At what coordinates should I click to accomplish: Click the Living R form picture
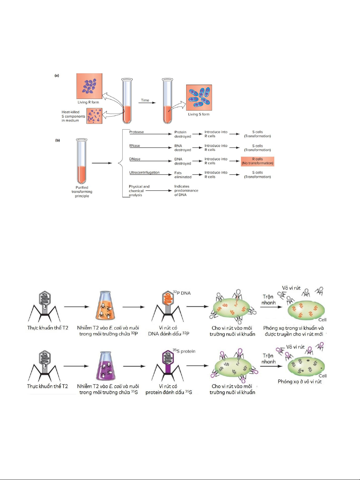coord(89,86)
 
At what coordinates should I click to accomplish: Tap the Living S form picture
coord(199,98)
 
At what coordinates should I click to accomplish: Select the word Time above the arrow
coord(145,100)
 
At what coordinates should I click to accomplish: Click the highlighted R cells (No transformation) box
coord(257,161)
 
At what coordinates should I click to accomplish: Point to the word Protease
coord(137,132)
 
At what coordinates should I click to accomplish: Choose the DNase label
coord(135,159)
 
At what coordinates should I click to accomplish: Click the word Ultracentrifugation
coord(145,173)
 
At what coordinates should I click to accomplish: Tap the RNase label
coord(135,146)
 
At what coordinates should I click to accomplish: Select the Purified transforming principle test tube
coord(82,161)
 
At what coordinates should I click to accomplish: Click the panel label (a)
coord(57,76)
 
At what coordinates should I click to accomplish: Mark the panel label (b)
coord(58,140)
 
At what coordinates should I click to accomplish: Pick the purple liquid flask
coord(106,365)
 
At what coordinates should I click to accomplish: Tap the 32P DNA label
coord(182,293)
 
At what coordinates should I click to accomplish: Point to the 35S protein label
coord(184,351)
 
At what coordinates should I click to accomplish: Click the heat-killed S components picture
coord(95,116)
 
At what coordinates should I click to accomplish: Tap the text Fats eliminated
coord(183,175)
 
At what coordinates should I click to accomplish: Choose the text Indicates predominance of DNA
coord(186,191)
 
